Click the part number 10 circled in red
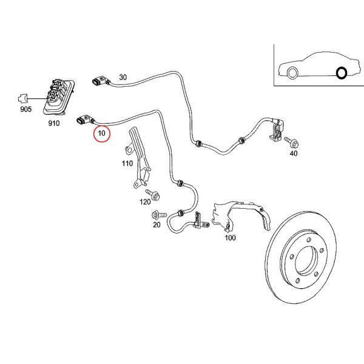point(102,133)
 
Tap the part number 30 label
point(123,77)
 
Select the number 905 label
point(25,109)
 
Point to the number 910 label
point(54,123)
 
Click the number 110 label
point(127,163)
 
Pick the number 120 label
point(145,202)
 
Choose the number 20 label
point(157,224)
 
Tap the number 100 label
point(231,238)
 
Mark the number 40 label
point(294,153)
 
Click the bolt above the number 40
point(292,143)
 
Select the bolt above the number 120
point(152,195)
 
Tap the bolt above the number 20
point(159,215)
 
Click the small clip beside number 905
point(23,98)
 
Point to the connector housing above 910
point(59,97)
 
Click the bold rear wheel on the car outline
point(342,73)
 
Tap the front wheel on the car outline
point(292,73)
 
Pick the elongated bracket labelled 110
point(138,158)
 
